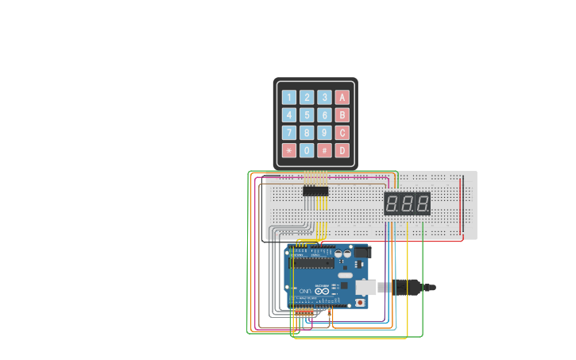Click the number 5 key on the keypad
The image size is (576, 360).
pyautogui.click(x=307, y=115)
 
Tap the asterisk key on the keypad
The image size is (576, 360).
pyautogui.click(x=289, y=150)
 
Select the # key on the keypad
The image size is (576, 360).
pyautogui.click(x=324, y=150)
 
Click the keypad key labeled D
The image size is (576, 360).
pyautogui.click(x=342, y=150)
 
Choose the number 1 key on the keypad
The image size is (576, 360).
pyautogui.click(x=289, y=98)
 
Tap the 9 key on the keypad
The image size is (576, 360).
pyautogui.click(x=324, y=133)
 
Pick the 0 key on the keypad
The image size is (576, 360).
pyautogui.click(x=307, y=150)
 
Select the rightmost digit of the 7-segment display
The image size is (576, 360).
pyautogui.click(x=422, y=203)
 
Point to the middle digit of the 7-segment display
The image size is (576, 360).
pyautogui.click(x=408, y=203)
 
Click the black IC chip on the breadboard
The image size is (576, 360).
pyautogui.click(x=315, y=191)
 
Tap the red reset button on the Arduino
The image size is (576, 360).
pyautogui.click(x=361, y=302)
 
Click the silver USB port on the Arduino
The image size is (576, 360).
pyautogui.click(x=366, y=287)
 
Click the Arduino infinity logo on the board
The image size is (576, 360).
pyautogui.click(x=323, y=291)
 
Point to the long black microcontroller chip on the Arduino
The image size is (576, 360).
pyautogui.click(x=311, y=262)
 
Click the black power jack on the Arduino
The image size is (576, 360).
pyautogui.click(x=362, y=252)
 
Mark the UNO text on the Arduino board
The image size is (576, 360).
pyautogui.click(x=305, y=292)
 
